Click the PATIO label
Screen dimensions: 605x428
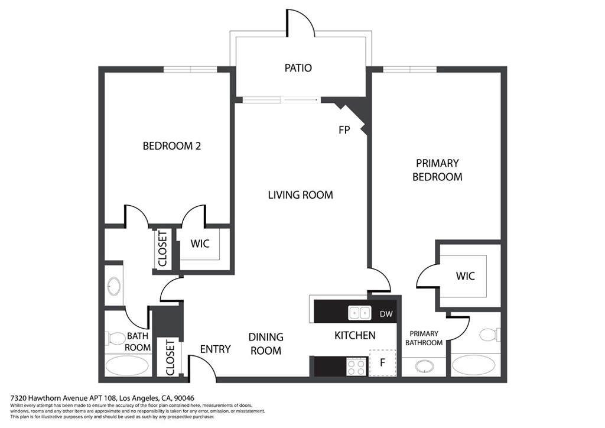[x=298, y=68]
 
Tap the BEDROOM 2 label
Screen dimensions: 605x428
[x=172, y=146]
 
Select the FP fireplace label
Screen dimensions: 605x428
[x=344, y=130]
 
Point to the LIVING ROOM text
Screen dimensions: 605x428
[x=300, y=195]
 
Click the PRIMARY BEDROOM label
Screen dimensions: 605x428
[x=437, y=170]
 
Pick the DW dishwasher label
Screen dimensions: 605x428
[x=386, y=314]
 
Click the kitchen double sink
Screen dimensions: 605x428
[x=360, y=313]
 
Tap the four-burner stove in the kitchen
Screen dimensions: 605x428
[x=357, y=367]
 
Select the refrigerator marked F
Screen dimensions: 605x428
[x=383, y=363]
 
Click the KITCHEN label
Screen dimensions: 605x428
[x=354, y=335]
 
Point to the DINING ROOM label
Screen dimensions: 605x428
[x=265, y=344]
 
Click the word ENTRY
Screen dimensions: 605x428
[x=215, y=349]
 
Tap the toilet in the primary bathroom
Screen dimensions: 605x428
[x=490, y=334]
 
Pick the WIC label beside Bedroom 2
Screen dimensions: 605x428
[x=200, y=244]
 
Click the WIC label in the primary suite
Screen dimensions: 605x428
[x=465, y=276]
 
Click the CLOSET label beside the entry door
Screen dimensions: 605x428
[x=170, y=358]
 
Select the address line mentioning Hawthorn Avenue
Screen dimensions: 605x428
[x=102, y=398]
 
